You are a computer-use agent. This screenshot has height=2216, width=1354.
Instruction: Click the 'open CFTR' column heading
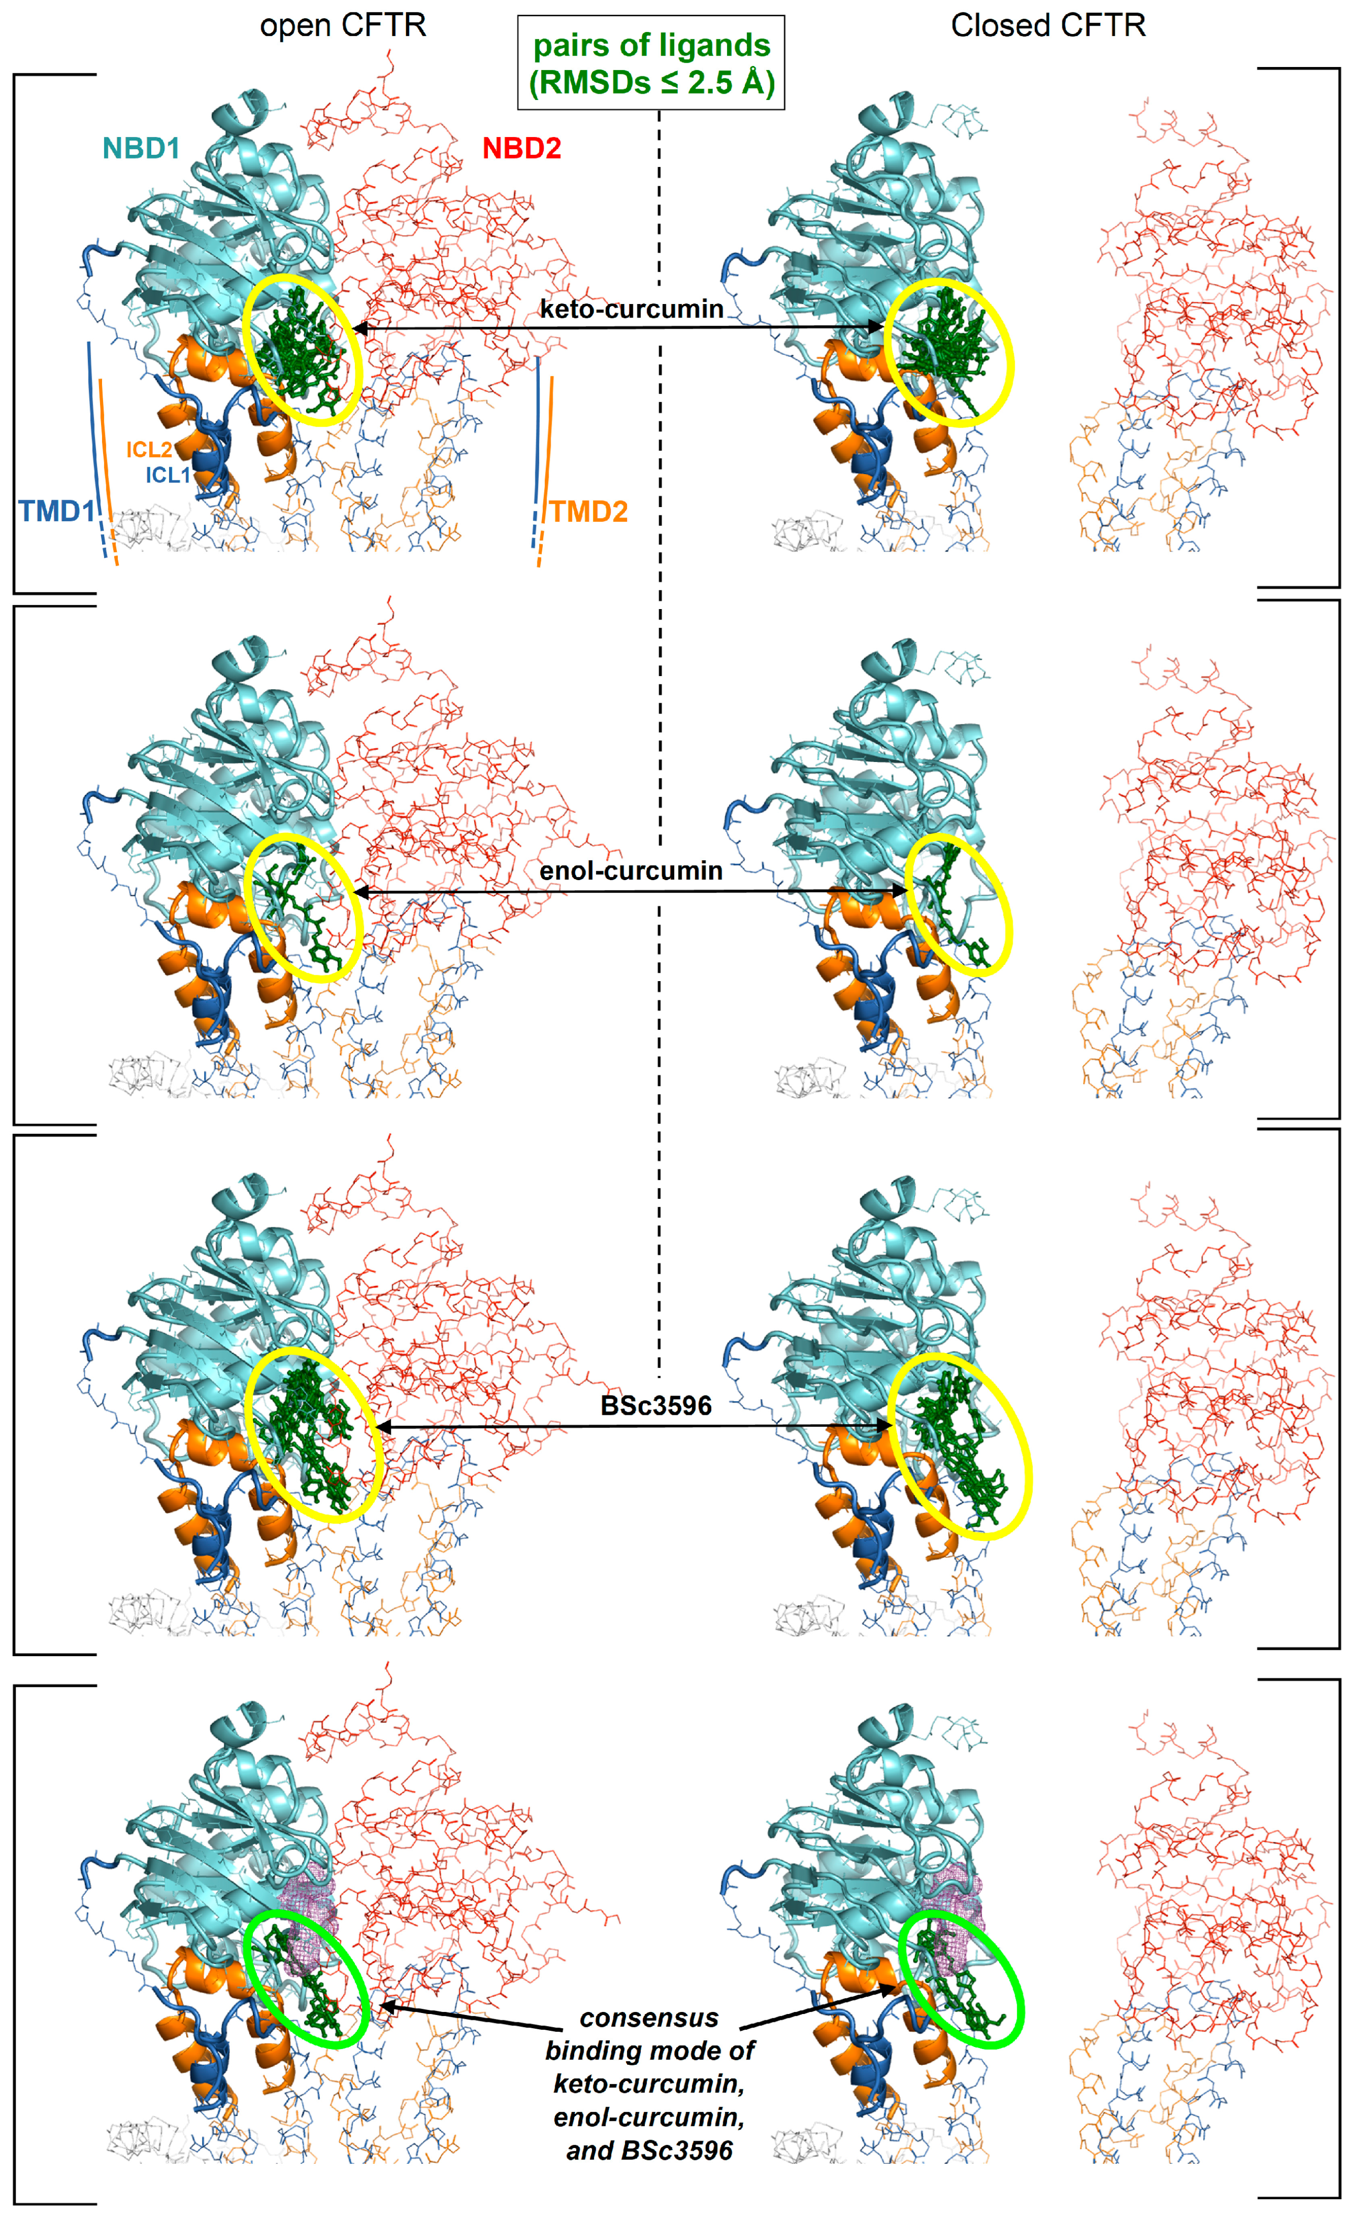(343, 25)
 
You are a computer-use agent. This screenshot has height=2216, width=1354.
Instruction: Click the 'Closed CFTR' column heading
(1048, 25)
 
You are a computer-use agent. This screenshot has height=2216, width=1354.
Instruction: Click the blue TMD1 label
(57, 511)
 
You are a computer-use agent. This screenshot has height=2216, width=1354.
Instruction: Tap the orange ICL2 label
(149, 449)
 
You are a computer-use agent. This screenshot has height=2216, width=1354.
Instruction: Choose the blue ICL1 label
(168, 475)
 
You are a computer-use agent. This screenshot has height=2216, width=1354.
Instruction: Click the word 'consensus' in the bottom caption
(648, 2017)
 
